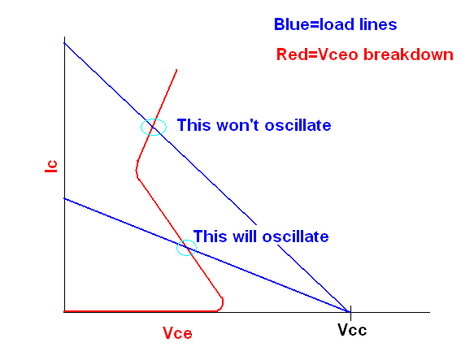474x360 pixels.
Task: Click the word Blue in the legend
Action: pos(291,24)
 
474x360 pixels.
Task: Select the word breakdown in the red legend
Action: pos(408,54)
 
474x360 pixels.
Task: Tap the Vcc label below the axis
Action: pos(352,330)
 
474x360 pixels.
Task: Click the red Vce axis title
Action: pos(177,333)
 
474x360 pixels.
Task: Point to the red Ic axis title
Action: pos(51,167)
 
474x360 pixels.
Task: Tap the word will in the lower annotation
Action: pos(244,236)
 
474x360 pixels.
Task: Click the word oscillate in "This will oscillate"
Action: pos(295,236)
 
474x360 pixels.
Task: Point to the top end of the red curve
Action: pos(176,70)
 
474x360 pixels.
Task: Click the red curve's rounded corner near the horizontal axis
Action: pos(221,305)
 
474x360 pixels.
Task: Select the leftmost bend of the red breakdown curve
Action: pos(137,170)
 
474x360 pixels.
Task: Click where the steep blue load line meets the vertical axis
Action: pos(64,43)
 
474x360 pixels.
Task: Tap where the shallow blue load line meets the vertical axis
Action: pos(64,198)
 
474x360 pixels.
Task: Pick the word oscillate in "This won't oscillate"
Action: pos(298,125)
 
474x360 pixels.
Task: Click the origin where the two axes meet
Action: pos(64,312)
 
